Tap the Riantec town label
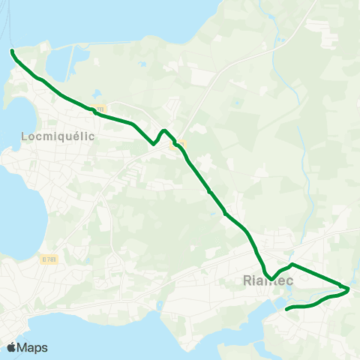268,282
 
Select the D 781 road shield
49,259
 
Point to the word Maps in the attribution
32,347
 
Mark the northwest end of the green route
12,51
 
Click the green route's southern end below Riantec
287,308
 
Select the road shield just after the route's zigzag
180,144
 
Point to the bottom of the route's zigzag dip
154,142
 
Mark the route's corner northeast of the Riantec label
292,265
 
